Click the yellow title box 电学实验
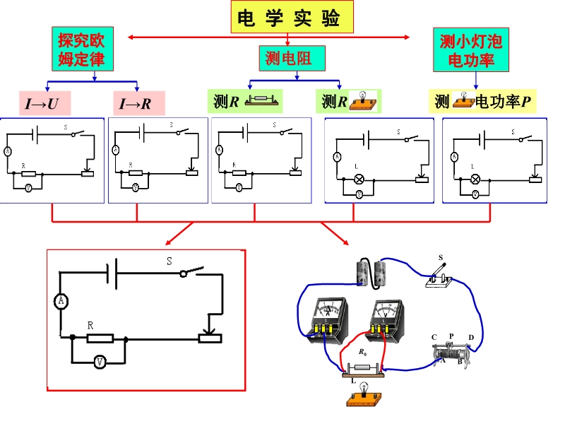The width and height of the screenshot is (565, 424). pos(291,18)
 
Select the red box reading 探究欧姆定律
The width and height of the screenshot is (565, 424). pos(82,49)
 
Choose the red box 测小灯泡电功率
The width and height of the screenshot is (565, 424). pos(472,49)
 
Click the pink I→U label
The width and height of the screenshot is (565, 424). pos(42,104)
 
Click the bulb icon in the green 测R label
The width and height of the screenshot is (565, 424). pos(360,101)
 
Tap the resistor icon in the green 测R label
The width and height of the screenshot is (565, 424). pos(261,102)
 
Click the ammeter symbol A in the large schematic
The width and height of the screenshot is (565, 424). pos(61,302)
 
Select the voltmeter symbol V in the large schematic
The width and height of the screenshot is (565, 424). pos(100,362)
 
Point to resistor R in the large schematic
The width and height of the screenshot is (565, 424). pos(100,338)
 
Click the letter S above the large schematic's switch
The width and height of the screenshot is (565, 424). pos(169,261)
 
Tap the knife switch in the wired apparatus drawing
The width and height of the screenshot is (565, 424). pos(439,276)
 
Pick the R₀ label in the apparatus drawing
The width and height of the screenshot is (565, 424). pos(363,351)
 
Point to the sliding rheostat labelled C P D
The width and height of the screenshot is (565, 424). pos(453,351)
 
